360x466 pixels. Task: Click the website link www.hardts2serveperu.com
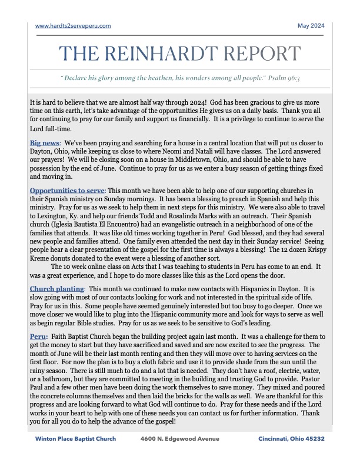(x=73, y=26)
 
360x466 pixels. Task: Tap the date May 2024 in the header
(x=311, y=26)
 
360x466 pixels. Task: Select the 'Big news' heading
(x=45, y=143)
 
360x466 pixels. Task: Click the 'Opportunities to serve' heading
(x=67, y=191)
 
